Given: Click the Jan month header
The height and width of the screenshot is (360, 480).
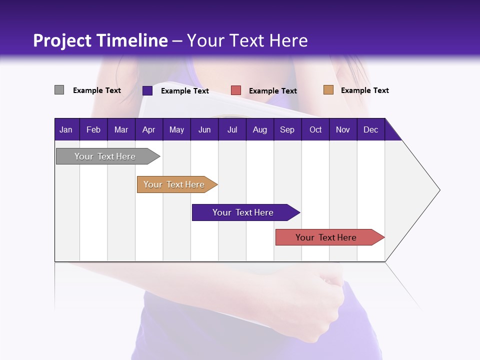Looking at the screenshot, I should coord(66,130).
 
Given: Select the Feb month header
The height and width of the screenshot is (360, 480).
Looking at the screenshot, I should coord(93,130).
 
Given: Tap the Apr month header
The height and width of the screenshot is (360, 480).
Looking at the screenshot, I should coord(148,130).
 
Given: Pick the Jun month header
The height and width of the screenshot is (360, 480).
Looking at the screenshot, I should coord(204,130).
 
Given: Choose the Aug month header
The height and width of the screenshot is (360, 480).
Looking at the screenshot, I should coord(260,130).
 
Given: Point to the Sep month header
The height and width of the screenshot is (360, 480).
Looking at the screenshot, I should coord(287,130).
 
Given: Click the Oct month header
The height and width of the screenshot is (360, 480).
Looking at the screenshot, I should coord(315,130).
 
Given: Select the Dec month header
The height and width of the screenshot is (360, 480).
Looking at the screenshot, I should coord(371,130).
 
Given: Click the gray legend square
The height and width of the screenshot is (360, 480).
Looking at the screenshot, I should coord(59,90).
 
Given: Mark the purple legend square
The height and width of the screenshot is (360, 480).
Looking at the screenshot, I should coord(147,90).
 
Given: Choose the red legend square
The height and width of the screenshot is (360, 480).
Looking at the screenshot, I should coord(236,90).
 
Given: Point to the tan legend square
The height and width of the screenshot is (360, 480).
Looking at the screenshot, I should coord(328,90).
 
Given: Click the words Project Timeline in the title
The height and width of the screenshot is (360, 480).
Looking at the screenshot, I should coord(100,40).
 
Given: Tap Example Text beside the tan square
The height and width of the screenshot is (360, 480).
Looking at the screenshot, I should coord(364,90).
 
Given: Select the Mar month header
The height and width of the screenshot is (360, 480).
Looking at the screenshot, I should coord(121,130).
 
